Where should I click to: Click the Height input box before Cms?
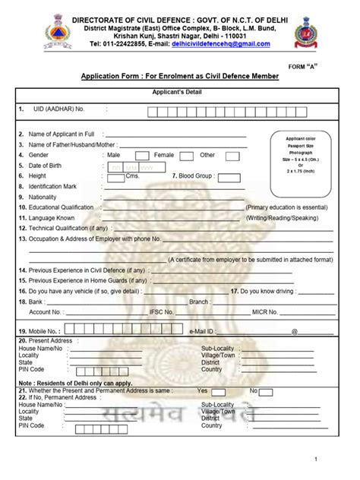point(116,177)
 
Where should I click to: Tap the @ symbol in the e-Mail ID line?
point(294,332)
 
